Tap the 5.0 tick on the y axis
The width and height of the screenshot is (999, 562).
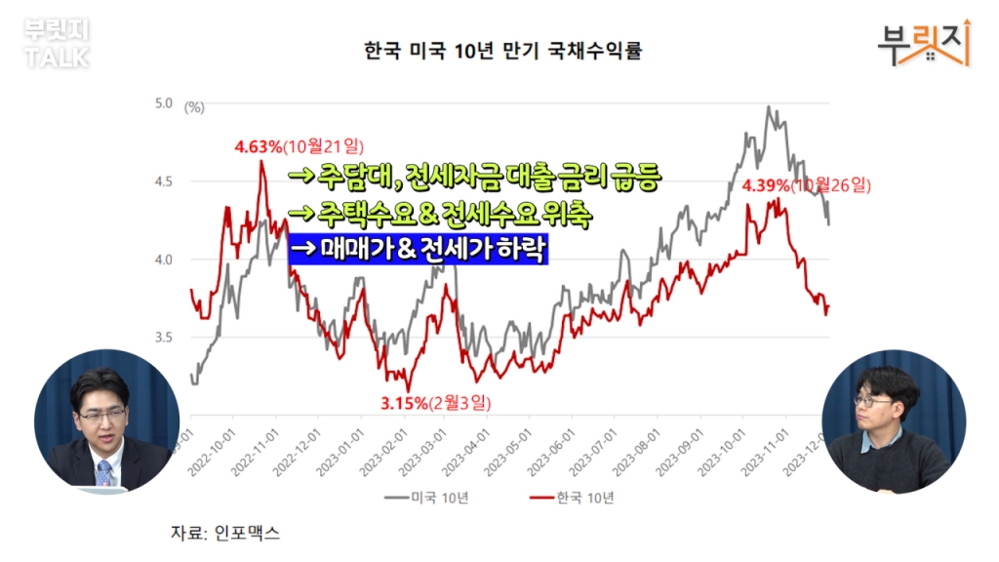click(x=163, y=102)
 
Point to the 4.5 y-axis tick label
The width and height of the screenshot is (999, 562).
click(x=163, y=181)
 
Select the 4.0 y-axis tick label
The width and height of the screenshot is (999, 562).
click(x=163, y=260)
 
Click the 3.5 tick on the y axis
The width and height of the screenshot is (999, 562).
click(x=163, y=338)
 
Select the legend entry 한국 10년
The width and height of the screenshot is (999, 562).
click(x=570, y=498)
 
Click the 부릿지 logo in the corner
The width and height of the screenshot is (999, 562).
click(x=923, y=42)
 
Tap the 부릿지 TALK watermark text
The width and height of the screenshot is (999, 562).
click(x=57, y=44)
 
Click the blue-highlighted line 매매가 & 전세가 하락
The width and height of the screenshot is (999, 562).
click(x=419, y=250)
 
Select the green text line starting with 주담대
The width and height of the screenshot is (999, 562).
click(x=476, y=180)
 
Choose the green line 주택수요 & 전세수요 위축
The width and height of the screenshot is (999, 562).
click(x=440, y=214)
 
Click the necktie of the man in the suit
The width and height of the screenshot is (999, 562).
click(x=103, y=473)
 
